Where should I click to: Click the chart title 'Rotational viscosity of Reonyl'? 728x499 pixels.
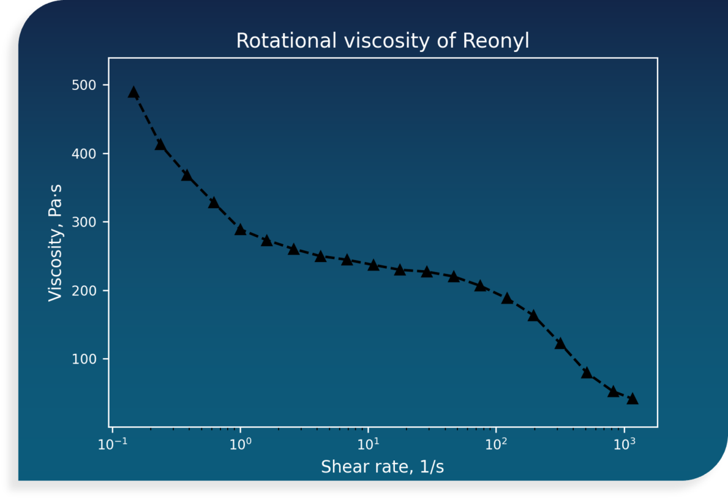pyautogui.click(x=383, y=41)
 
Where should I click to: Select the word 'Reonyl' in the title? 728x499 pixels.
pyautogui.click(x=496, y=41)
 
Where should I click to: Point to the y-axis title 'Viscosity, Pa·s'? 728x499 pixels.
pyautogui.click(x=55, y=241)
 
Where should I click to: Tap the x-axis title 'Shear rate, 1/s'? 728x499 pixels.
pyautogui.click(x=383, y=467)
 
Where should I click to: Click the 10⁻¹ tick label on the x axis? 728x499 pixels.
pyautogui.click(x=113, y=444)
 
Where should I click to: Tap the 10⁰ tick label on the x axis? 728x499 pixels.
pyautogui.click(x=240, y=444)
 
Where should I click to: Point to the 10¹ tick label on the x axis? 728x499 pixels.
pyautogui.click(x=368, y=444)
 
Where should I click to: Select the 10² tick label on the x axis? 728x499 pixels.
pyautogui.click(x=496, y=444)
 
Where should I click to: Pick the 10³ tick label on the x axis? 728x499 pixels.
pyautogui.click(x=624, y=444)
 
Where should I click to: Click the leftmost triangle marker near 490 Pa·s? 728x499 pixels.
pyautogui.click(x=133, y=92)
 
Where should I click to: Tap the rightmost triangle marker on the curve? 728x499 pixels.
pyautogui.click(x=632, y=399)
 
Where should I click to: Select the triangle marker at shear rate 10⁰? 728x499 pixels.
pyautogui.click(x=240, y=230)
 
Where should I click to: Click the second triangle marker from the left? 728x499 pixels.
pyautogui.click(x=160, y=144)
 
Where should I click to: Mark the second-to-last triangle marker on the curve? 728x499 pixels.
pyautogui.click(x=613, y=391)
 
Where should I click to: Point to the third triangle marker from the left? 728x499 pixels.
pyautogui.click(x=187, y=176)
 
